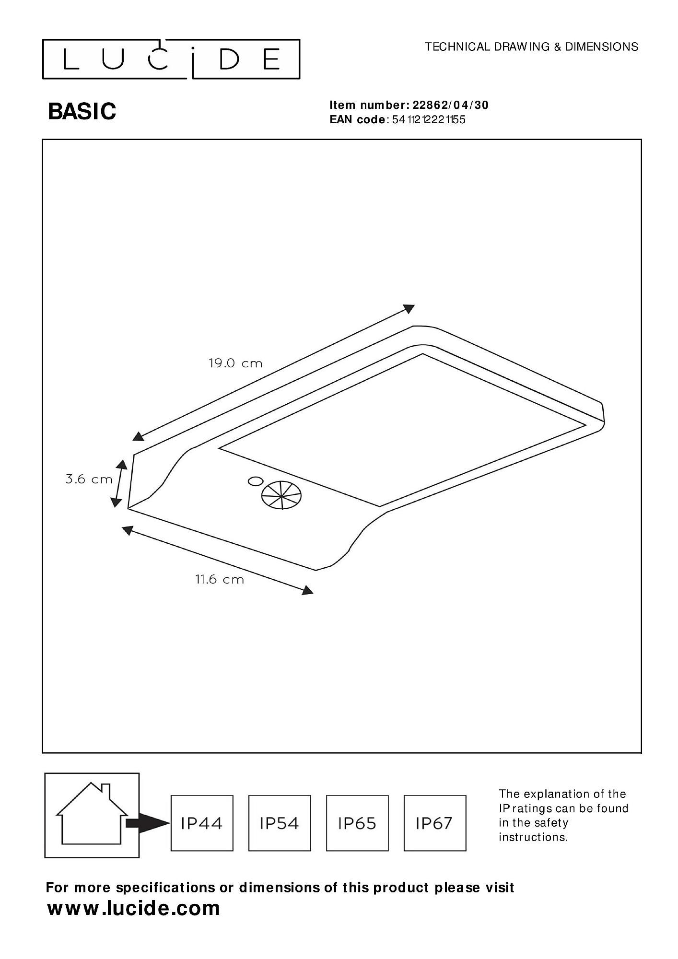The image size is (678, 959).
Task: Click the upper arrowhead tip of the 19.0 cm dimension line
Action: click(415, 305)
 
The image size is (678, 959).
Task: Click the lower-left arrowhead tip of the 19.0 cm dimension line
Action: click(132, 439)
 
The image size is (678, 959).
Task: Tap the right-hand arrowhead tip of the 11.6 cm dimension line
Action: click(314, 593)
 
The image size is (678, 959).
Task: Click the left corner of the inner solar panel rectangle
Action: click(219, 448)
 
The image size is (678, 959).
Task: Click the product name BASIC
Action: click(82, 111)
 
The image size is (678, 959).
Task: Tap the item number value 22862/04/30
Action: click(451, 105)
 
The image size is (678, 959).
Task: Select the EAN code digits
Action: click(429, 119)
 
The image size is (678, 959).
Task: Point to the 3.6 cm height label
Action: click(89, 479)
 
